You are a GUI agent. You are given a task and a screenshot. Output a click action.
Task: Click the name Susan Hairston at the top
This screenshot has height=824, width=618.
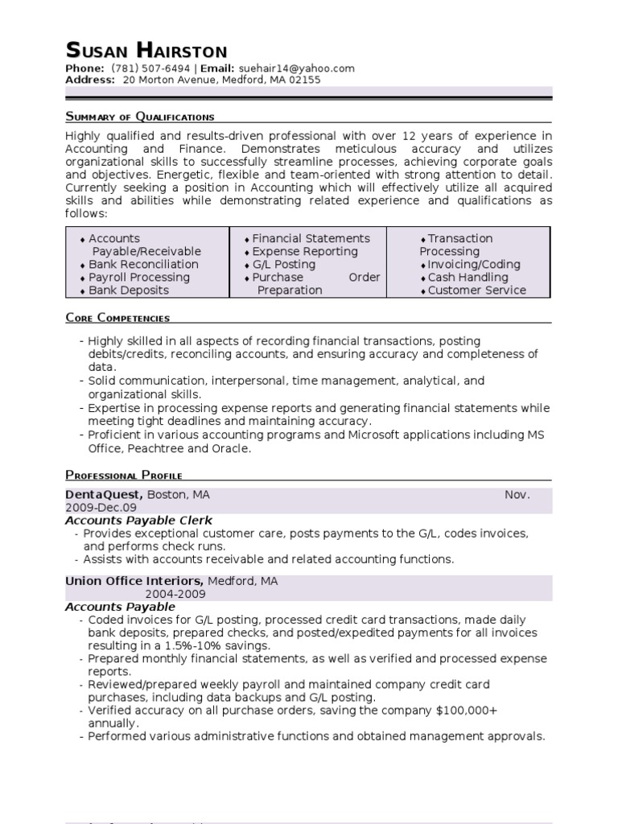click(146, 50)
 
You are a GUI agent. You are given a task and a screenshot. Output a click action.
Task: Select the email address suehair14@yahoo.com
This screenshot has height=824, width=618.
click(297, 68)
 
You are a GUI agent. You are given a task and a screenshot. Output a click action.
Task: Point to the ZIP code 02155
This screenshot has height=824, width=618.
click(304, 80)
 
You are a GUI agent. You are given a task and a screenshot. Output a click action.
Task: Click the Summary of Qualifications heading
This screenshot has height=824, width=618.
click(139, 117)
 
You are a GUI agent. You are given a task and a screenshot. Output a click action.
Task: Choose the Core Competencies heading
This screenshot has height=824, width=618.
click(117, 318)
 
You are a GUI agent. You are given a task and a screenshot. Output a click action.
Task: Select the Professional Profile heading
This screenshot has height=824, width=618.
click(123, 475)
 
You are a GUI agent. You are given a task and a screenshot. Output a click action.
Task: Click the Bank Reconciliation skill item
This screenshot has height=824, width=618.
click(143, 264)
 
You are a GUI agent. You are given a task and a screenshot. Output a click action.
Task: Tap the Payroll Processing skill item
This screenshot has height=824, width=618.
click(139, 277)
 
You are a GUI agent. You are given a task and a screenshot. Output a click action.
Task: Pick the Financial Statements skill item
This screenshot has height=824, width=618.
click(311, 238)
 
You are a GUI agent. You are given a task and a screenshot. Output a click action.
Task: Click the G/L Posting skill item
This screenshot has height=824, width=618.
click(284, 264)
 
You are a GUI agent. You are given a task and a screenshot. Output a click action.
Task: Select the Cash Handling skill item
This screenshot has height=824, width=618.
click(468, 277)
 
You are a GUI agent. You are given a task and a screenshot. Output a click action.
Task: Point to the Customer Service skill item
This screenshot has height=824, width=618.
click(476, 290)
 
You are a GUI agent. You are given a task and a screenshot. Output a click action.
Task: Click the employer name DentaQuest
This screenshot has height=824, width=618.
click(104, 495)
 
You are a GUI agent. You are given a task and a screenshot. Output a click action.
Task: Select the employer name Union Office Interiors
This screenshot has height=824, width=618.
click(134, 581)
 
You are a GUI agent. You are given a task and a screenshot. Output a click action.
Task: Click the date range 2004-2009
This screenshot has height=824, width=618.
click(175, 594)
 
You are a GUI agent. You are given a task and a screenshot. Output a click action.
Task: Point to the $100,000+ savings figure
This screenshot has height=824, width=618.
click(466, 711)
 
